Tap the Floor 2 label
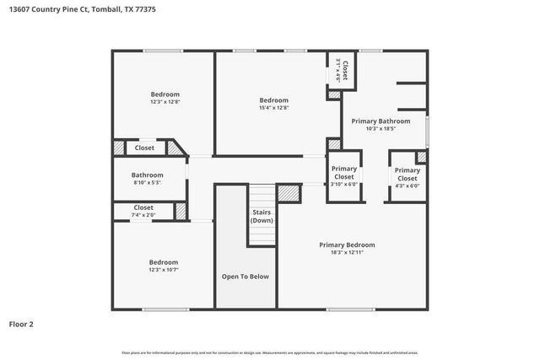pyautogui.click(x=23, y=323)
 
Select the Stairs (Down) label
pyautogui.click(x=262, y=216)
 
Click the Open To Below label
pyautogui.click(x=246, y=277)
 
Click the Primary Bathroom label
pyautogui.click(x=387, y=121)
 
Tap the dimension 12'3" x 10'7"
pyautogui.click(x=164, y=270)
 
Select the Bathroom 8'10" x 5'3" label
pyautogui.click(x=147, y=178)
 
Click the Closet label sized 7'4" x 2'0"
pyautogui.click(x=143, y=211)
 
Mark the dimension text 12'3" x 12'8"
pyautogui.click(x=165, y=101)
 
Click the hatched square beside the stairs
pyautogui.click(x=289, y=193)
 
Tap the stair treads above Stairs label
pyautogui.click(x=262, y=195)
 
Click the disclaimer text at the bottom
pyautogui.click(x=270, y=352)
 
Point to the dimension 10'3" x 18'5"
pyautogui.click(x=387, y=129)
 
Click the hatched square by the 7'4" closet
pyautogui.click(x=181, y=211)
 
